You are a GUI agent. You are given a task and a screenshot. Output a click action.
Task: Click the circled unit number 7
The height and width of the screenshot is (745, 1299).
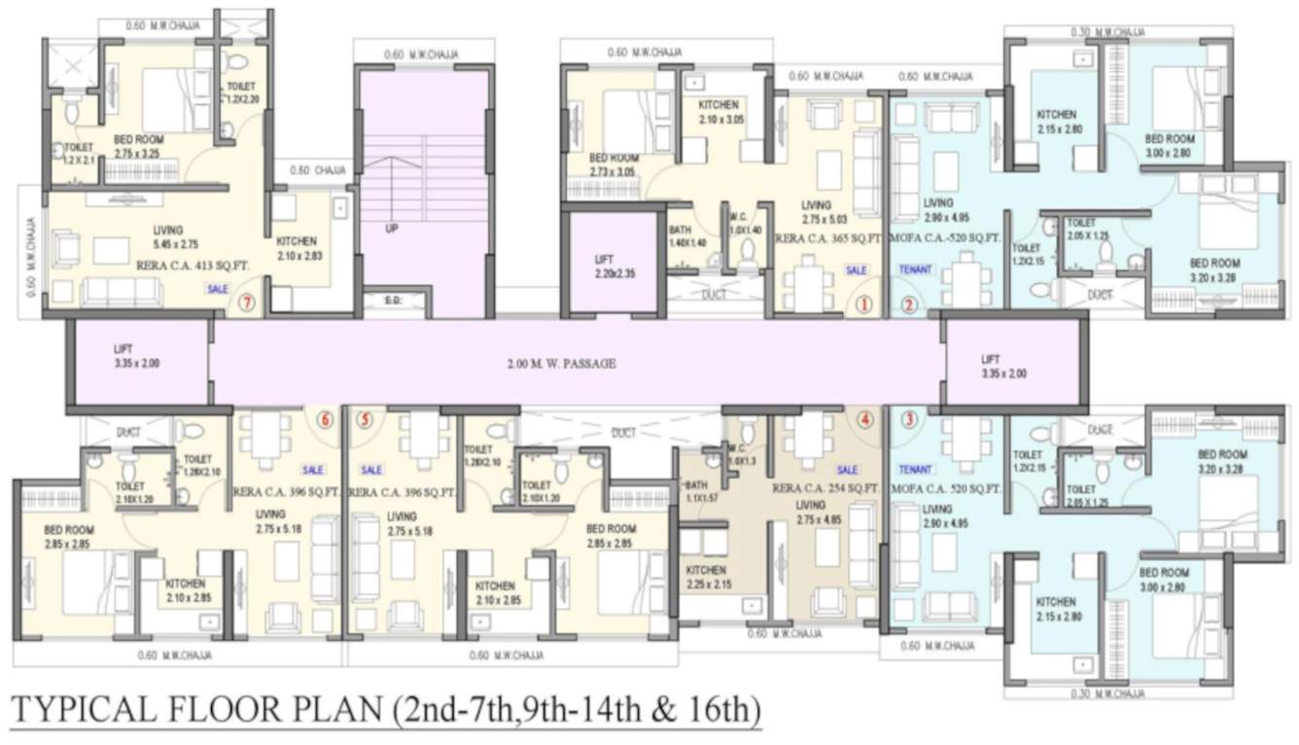(x=248, y=303)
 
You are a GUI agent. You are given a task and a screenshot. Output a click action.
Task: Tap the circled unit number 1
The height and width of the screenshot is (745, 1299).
(x=862, y=303)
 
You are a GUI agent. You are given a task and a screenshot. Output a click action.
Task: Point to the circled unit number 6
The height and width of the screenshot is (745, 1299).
(x=325, y=420)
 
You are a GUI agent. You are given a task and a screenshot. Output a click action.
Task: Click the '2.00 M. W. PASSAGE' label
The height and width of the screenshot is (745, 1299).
(x=561, y=364)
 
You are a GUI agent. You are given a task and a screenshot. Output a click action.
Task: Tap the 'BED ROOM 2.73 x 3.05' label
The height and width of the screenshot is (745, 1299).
(x=613, y=165)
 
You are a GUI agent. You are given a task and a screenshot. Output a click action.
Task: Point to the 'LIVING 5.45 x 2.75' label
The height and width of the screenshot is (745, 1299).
(x=167, y=236)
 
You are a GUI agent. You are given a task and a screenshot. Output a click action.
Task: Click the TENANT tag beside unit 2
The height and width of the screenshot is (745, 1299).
(x=915, y=269)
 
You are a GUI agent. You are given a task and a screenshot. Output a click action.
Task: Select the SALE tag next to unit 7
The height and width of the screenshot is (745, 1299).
(x=217, y=289)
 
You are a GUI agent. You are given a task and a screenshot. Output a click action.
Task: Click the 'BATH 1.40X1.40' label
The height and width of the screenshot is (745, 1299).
(x=687, y=236)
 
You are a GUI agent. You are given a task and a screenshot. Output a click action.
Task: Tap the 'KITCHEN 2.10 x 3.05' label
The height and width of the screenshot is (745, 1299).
(x=720, y=112)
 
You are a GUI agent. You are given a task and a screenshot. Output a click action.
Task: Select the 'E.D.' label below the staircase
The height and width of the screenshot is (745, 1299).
(x=393, y=302)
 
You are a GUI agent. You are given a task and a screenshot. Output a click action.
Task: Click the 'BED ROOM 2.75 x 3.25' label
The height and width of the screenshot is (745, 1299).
(x=138, y=146)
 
